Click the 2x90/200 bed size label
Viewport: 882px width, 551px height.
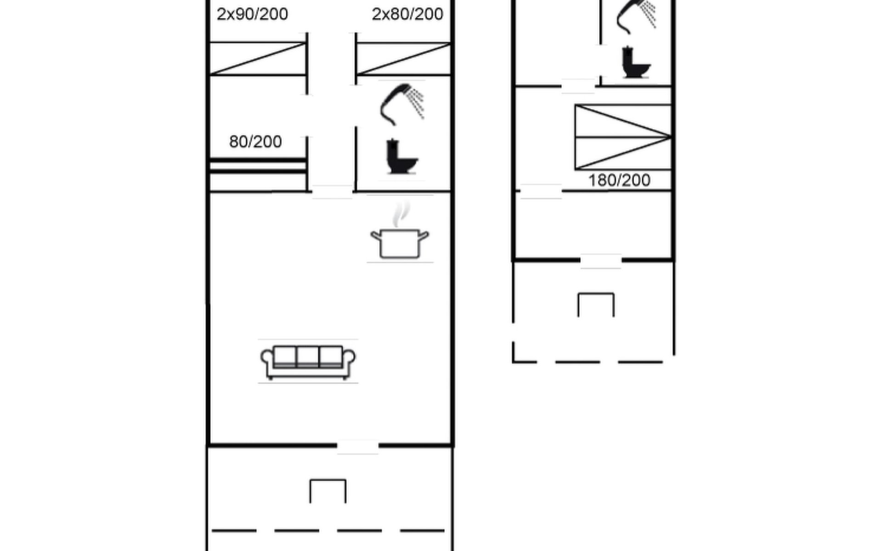252,14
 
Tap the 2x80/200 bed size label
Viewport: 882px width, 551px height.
407,14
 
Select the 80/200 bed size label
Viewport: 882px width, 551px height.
255,142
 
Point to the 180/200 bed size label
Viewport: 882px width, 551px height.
619,180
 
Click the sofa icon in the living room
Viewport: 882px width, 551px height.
308,362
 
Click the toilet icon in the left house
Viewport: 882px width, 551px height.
401,157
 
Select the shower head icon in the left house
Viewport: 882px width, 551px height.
401,104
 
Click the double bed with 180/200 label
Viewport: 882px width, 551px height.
623,137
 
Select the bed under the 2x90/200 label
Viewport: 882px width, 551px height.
258,58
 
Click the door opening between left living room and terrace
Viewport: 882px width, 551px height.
357,445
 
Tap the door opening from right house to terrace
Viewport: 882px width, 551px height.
601,260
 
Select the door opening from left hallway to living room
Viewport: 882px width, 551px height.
332,191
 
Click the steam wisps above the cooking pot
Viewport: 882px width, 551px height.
401,214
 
